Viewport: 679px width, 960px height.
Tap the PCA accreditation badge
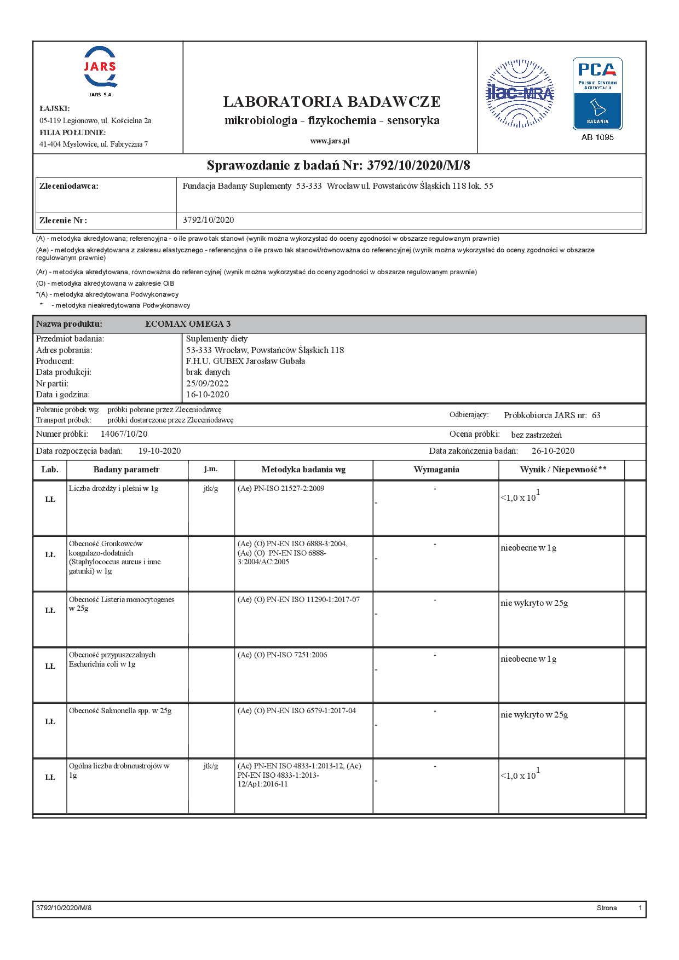(597, 94)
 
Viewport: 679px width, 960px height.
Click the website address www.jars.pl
(330, 141)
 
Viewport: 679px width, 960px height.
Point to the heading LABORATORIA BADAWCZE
(332, 102)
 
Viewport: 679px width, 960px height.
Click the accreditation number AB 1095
(597, 137)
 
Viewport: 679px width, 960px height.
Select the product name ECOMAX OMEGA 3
(188, 324)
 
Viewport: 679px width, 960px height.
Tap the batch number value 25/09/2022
(207, 383)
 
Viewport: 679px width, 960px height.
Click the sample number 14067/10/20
(124, 434)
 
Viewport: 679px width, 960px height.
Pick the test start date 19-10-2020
(159, 451)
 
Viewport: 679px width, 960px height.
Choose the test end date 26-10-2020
(553, 451)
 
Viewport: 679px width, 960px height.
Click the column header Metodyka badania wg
(303, 470)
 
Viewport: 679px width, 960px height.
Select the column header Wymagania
(436, 470)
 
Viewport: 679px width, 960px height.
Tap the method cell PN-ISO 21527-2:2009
(281, 489)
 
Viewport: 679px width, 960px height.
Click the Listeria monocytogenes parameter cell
(122, 604)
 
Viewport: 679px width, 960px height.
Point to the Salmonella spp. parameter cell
(120, 711)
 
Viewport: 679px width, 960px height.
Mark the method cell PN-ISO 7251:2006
(283, 655)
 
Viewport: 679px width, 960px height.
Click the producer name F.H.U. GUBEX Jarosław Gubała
(245, 361)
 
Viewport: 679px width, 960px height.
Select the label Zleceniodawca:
(69, 186)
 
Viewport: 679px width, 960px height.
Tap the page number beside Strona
(640, 908)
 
